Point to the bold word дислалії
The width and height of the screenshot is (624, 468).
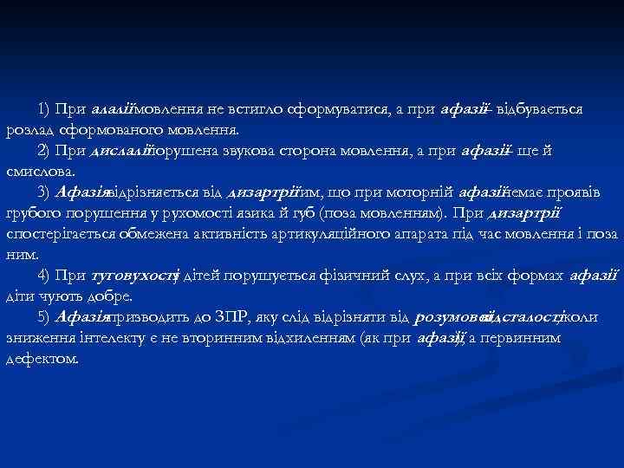tap(120, 152)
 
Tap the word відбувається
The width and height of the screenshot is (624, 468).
tap(547, 111)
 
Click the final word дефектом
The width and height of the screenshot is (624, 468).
tap(42, 358)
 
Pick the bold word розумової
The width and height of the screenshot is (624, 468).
tap(452, 317)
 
